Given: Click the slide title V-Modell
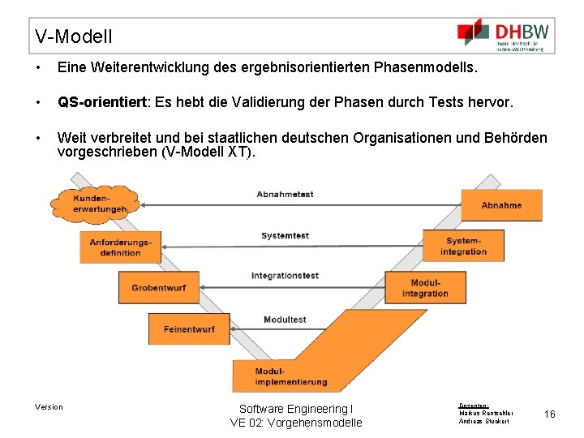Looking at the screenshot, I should pyautogui.click(x=74, y=36).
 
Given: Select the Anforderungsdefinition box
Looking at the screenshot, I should pyautogui.click(x=120, y=247).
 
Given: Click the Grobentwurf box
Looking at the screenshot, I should pyautogui.click(x=158, y=287).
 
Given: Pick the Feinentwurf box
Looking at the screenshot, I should pyautogui.click(x=189, y=328).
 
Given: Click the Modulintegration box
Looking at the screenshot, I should pyautogui.click(x=425, y=287).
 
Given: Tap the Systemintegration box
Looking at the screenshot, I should pyautogui.click(x=463, y=246).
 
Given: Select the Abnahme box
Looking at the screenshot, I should pyautogui.click(x=501, y=205).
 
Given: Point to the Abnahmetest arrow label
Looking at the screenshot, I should pyautogui.click(x=285, y=195).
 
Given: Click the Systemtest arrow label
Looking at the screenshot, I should pyautogui.click(x=285, y=236).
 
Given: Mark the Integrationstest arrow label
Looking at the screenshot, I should pyautogui.click(x=285, y=277).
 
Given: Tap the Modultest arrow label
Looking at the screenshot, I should pyautogui.click(x=285, y=320).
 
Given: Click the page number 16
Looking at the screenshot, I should pyautogui.click(x=549, y=414).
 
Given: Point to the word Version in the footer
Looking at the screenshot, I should pyautogui.click(x=49, y=406).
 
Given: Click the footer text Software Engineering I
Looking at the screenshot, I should pyautogui.click(x=296, y=409).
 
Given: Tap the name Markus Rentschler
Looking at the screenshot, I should pyautogui.click(x=486, y=413).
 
